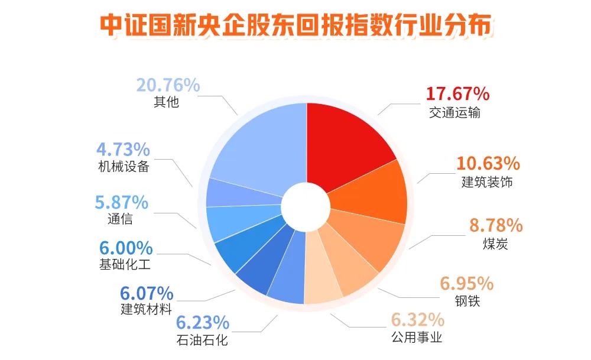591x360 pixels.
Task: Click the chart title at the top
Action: pos(296,25)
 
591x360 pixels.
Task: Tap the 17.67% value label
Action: pos(457,94)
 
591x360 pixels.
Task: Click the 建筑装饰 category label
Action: pos(487,182)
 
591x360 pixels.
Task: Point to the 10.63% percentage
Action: pos(488,164)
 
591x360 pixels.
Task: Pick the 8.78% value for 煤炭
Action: pos(496,225)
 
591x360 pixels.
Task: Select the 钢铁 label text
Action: pos(467,301)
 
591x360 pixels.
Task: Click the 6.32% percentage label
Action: pos(418,320)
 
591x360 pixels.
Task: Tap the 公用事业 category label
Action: pos(417,337)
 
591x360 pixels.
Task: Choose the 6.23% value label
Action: pos(203,323)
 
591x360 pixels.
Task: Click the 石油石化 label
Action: pos(202,340)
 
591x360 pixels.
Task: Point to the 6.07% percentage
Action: pos(147,293)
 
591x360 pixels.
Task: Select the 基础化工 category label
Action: pos(125,264)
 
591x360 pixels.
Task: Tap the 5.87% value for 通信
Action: pos(121,202)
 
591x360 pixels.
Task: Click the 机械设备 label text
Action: pos(124,166)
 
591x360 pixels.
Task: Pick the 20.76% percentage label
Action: pos(168,85)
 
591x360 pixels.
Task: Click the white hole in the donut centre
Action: pos(306,206)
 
